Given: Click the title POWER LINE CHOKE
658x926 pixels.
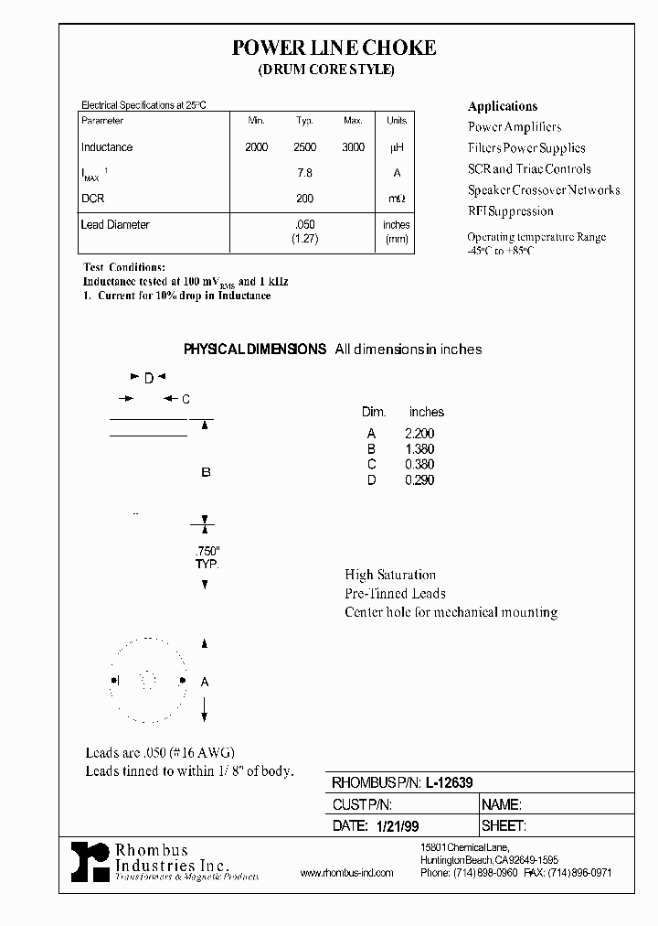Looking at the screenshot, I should (334, 48).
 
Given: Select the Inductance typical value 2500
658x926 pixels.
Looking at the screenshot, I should (305, 147).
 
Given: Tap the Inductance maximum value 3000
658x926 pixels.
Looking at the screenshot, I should (353, 147).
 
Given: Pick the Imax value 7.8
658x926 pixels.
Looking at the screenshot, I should (305, 173).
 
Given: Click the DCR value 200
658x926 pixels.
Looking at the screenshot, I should (305, 199).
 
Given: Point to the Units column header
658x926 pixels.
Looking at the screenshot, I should (397, 121).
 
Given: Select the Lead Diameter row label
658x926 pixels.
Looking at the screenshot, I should (115, 225).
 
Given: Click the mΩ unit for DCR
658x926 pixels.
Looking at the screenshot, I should (397, 199).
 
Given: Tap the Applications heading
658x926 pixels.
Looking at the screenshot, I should (503, 106).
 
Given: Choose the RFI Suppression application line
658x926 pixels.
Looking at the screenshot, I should (511, 211).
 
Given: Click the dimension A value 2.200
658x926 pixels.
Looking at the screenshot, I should (419, 434).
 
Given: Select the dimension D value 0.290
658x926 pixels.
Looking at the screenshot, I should (419, 480).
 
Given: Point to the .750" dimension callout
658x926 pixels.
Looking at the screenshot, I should (207, 552).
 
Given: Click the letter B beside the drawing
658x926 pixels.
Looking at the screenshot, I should (206, 472).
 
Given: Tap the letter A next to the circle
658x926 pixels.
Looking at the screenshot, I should (205, 682).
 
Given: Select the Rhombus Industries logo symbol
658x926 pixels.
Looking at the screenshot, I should (90, 861).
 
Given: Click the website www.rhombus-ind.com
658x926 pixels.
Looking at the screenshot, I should (346, 873).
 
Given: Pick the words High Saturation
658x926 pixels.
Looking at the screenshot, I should (390, 575).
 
